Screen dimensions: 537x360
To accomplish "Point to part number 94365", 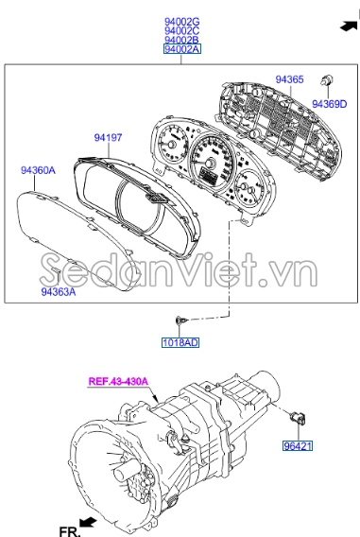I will pos(289,80).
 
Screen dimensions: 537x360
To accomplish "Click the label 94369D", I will pos(331,104).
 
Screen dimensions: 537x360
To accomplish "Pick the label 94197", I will pos(108,138).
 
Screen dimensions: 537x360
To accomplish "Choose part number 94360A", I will pos(39,171).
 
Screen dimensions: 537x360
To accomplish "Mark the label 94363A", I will pos(58,293).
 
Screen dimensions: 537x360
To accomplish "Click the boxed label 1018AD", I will pos(179,342).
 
